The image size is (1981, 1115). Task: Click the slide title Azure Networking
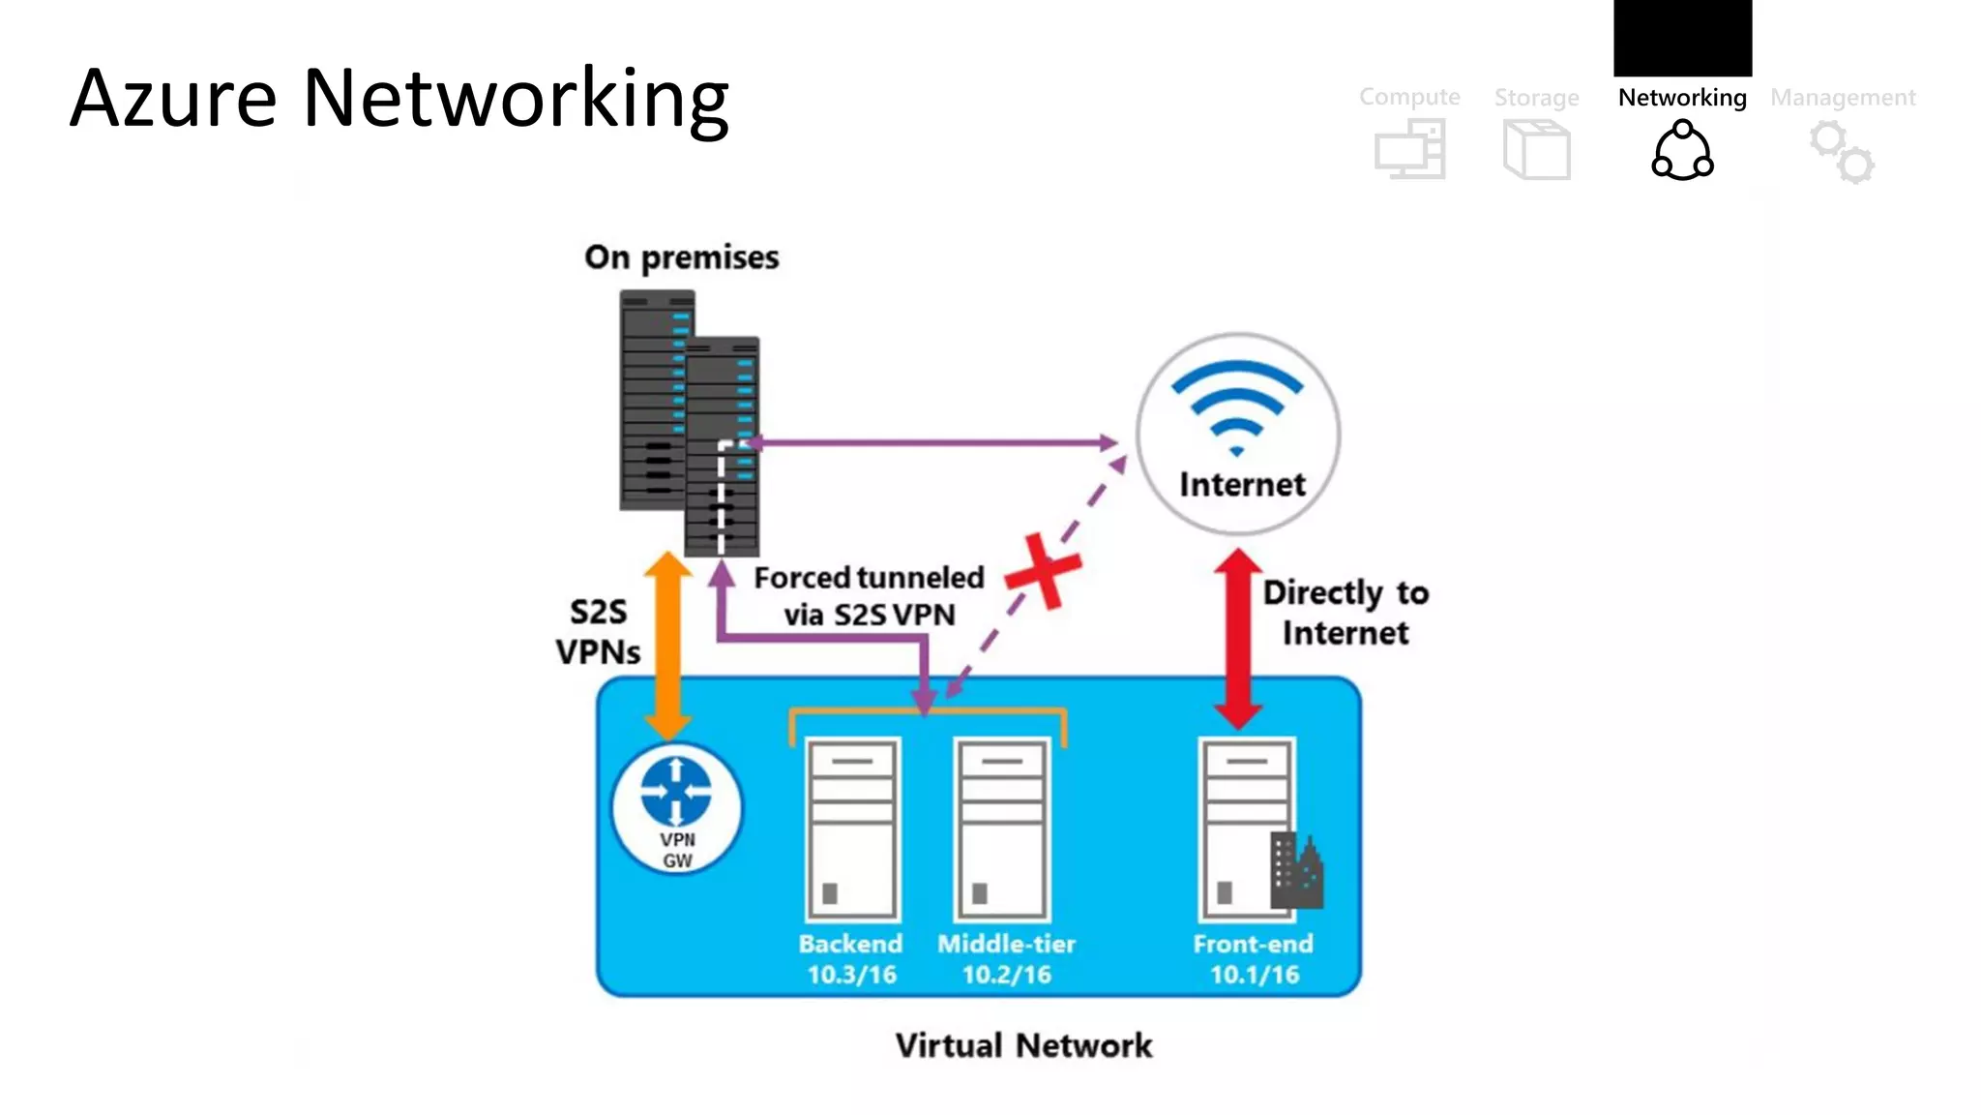(399, 99)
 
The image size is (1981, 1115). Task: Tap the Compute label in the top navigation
(1408, 97)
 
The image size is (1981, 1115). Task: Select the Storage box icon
(1536, 150)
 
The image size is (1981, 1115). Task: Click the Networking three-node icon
(1682, 150)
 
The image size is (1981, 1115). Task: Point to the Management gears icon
(1842, 152)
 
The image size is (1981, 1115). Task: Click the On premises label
(681, 257)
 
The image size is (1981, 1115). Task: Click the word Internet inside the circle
(1242, 484)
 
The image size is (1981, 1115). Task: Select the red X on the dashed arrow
(1043, 571)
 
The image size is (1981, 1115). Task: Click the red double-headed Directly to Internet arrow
(1237, 639)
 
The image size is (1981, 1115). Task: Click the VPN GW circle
(677, 808)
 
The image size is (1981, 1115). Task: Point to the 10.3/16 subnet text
(851, 975)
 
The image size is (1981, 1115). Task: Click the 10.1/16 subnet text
(1254, 975)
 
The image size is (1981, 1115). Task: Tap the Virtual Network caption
(1023, 1046)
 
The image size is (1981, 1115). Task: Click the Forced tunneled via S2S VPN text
(868, 596)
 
